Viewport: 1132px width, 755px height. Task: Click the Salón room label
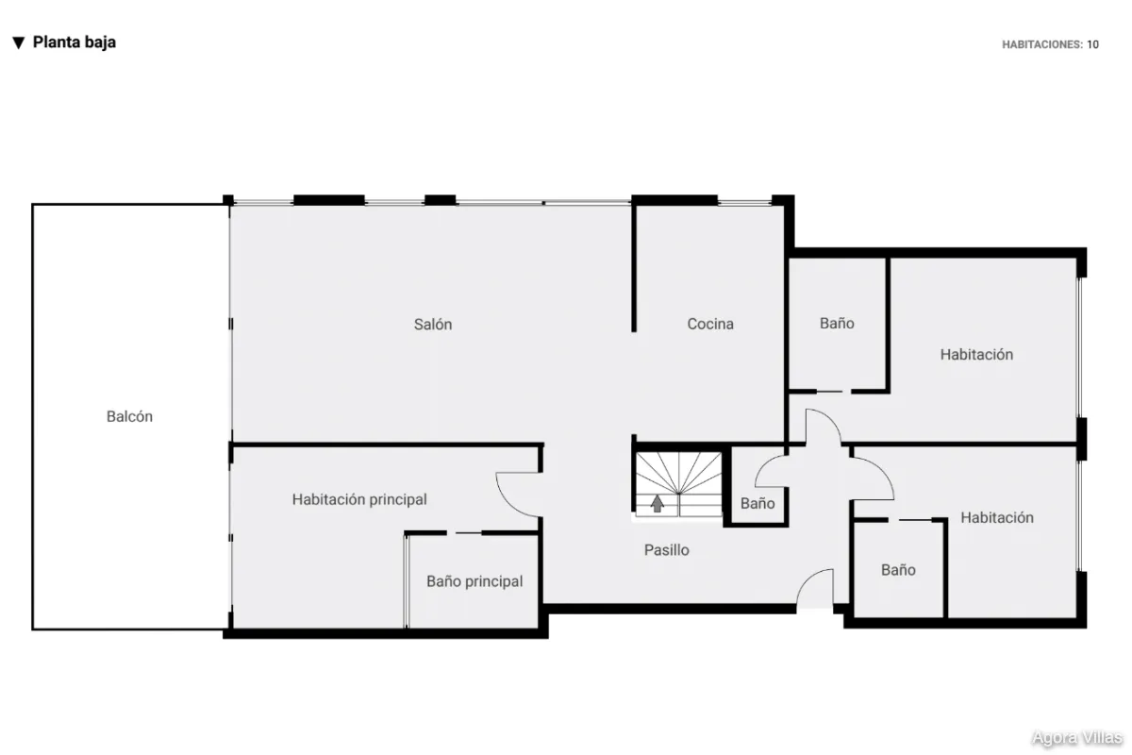point(433,324)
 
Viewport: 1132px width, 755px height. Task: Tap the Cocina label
point(710,324)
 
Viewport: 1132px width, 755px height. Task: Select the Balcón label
point(129,416)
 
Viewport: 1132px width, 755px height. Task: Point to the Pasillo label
point(667,549)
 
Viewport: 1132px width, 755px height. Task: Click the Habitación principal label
point(359,499)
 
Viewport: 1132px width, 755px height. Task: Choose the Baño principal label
point(474,581)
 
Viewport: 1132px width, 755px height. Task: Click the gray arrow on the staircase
point(657,504)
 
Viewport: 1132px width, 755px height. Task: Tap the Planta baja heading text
point(75,42)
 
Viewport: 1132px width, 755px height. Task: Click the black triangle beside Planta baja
point(19,43)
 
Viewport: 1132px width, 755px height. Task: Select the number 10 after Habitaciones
point(1092,44)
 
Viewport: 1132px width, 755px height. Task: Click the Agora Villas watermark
point(1076,737)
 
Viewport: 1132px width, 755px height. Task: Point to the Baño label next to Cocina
point(837,323)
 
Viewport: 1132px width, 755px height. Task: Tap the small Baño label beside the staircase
point(757,503)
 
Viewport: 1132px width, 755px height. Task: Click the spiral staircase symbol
point(678,484)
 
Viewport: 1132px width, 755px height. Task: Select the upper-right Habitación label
point(976,355)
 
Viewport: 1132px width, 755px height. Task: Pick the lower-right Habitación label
point(996,517)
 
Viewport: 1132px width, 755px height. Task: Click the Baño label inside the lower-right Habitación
point(898,570)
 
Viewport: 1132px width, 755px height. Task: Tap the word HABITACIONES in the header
point(1042,44)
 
